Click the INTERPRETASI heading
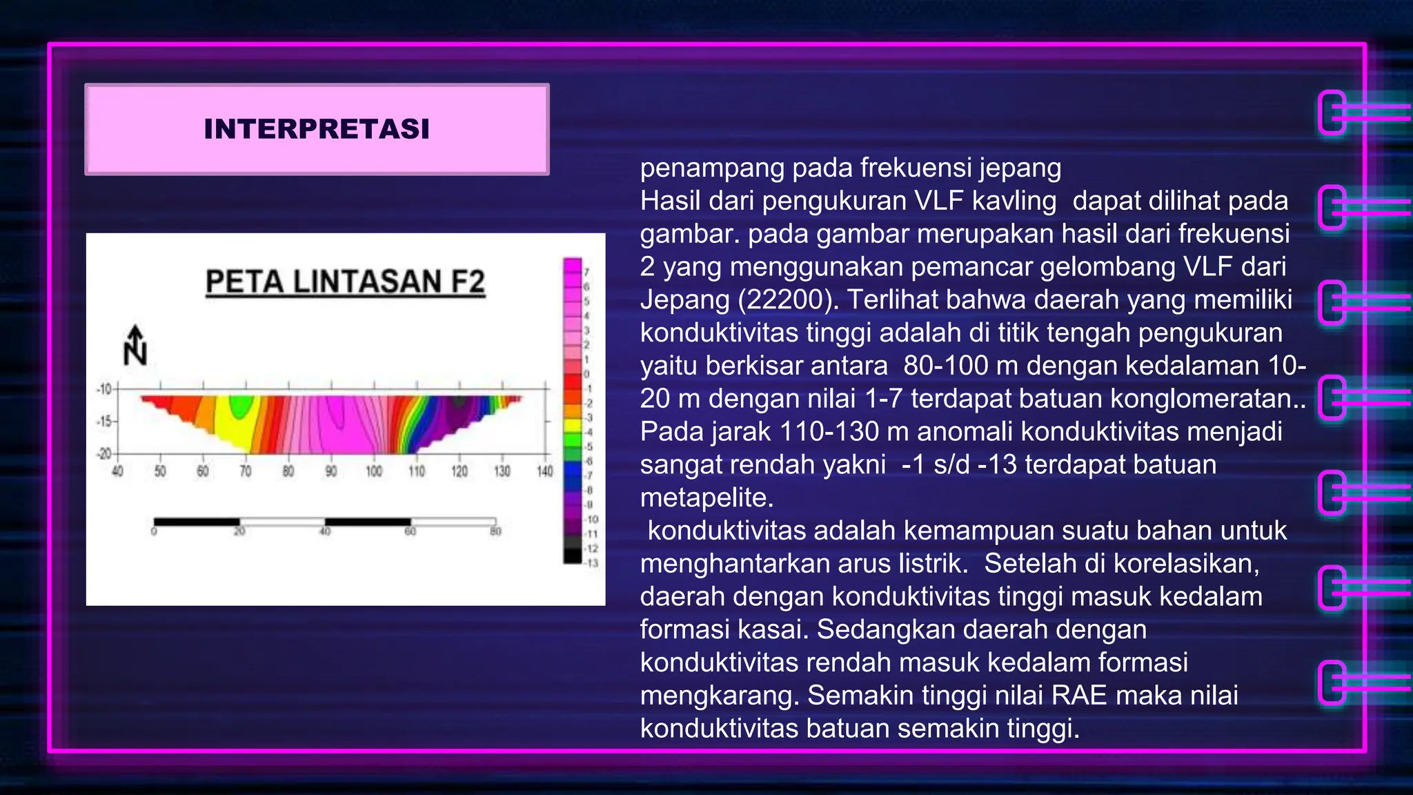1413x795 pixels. click(x=317, y=129)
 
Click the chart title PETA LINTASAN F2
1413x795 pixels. click(x=345, y=282)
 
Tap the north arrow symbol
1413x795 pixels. click(x=135, y=346)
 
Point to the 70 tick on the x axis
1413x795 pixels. click(x=246, y=471)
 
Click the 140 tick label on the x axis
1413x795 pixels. click(x=545, y=471)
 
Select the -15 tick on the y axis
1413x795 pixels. click(x=105, y=421)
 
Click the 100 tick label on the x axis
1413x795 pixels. click(x=374, y=471)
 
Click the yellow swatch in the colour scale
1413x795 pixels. click(x=573, y=424)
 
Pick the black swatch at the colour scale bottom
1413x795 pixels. click(x=573, y=556)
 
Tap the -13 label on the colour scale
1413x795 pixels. click(x=592, y=563)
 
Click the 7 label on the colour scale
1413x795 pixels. click(x=587, y=272)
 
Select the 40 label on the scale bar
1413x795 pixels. click(x=325, y=531)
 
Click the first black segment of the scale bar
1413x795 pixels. click(x=197, y=522)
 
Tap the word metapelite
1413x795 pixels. click(x=706, y=498)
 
